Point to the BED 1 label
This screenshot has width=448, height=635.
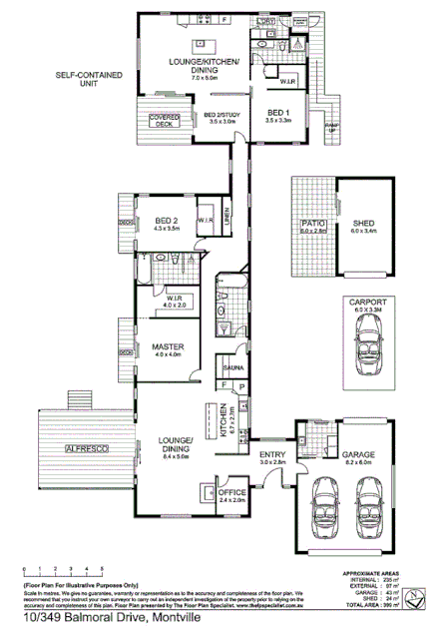[277, 113]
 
